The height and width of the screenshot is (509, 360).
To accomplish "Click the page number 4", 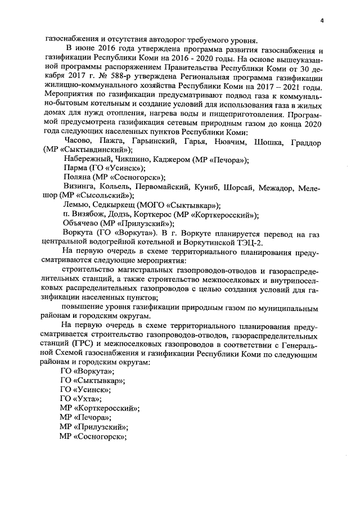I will coord(322,20).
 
